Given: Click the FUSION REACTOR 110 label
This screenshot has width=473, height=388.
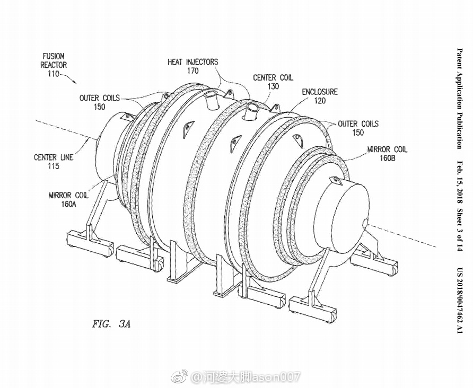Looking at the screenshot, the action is click(54, 65).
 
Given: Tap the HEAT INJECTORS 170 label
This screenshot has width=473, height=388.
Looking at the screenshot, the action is click(193, 66).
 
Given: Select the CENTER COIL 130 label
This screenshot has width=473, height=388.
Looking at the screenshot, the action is click(273, 82).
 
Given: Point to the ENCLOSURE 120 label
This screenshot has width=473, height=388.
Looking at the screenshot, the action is click(320, 96).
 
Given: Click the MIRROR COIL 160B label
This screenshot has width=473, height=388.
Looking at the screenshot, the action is click(387, 154).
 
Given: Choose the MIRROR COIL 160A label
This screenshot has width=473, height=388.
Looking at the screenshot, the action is click(69, 200).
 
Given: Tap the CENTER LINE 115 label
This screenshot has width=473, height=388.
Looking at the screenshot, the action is click(54, 162).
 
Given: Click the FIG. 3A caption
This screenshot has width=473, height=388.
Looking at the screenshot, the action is click(111, 324).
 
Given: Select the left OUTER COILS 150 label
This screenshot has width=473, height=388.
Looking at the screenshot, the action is click(100, 102).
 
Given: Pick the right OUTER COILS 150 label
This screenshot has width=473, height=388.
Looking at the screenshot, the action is click(358, 128).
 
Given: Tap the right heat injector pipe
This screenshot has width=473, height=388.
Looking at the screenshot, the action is click(251, 111).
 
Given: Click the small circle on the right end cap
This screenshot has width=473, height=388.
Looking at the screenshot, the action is click(365, 223).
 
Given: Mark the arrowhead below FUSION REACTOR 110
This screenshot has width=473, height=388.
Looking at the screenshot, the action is click(74, 82).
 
